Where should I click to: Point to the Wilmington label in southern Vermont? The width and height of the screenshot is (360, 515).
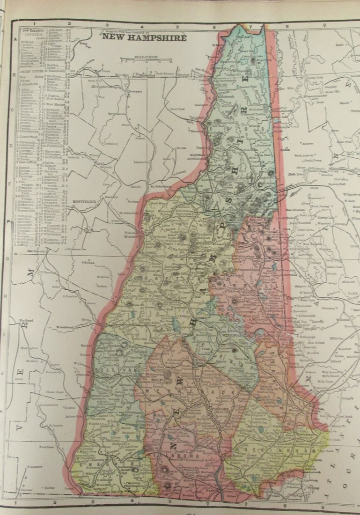point(33,480)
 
